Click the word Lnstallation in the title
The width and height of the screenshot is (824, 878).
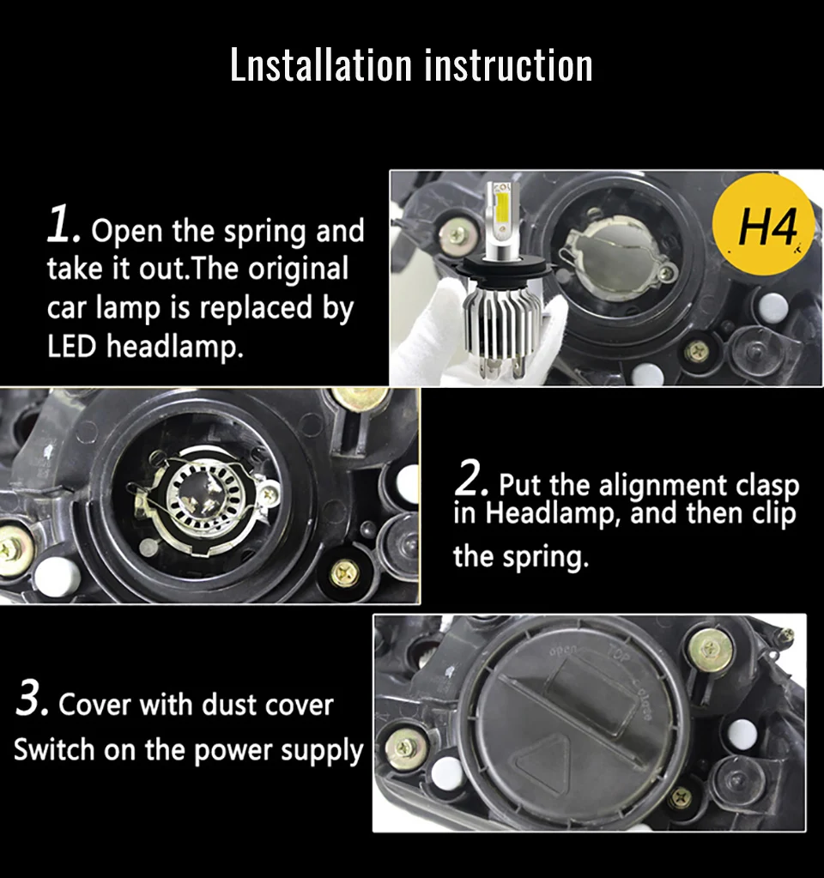321,64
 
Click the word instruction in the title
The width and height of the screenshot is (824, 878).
509,64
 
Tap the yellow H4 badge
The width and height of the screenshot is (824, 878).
763,223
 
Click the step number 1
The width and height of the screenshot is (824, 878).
62,225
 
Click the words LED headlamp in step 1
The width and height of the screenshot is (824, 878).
145,346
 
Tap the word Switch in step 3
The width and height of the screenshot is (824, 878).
54,749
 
